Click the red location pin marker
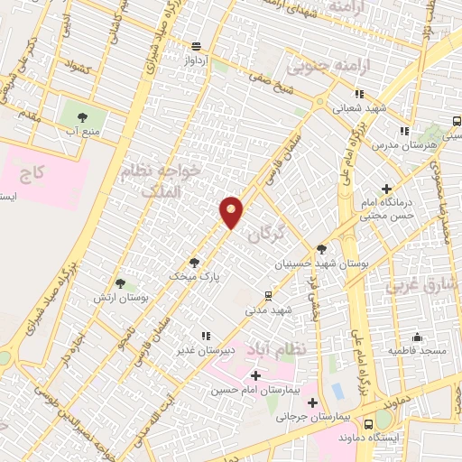pyautogui.click(x=232, y=211)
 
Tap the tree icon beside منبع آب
pyautogui.click(x=83, y=117)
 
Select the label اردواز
pyautogui.click(x=197, y=60)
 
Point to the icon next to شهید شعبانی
pyautogui.click(x=359, y=93)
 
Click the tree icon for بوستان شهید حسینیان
pyautogui.click(x=322, y=249)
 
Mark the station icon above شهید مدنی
pyautogui.click(x=268, y=295)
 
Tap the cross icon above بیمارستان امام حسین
pyautogui.click(x=255, y=374)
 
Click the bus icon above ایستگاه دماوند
pyautogui.click(x=368, y=423)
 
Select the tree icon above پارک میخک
pyautogui.click(x=194, y=262)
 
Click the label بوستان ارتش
pyautogui.click(x=126, y=297)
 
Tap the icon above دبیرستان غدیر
pyautogui.click(x=205, y=337)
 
